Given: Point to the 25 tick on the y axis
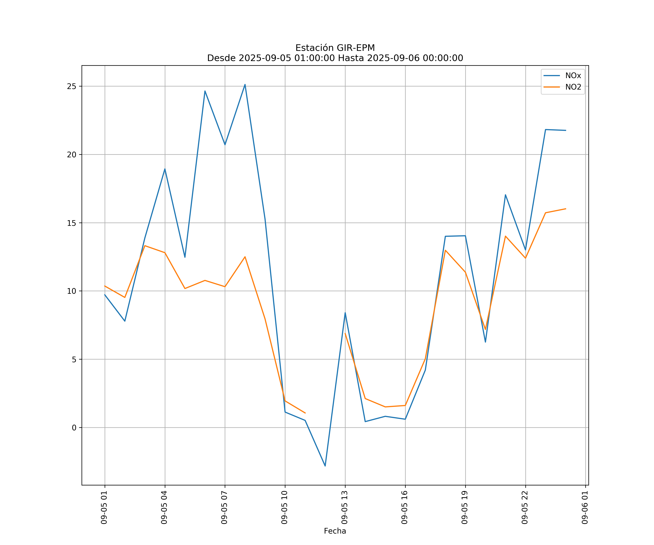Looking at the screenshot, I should (x=72, y=86).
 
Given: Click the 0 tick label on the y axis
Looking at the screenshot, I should (x=74, y=428).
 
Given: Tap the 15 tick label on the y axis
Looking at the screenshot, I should (x=72, y=223).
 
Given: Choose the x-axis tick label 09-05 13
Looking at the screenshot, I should (x=344, y=507).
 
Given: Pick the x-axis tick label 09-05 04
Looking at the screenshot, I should (x=164, y=507).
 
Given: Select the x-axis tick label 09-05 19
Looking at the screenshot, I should (x=465, y=507).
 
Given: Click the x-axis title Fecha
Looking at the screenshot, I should (x=335, y=531).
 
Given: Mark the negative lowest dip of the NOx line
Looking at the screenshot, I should (x=325, y=466).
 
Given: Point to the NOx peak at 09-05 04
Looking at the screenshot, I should (x=165, y=169).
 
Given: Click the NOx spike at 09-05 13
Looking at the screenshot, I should (x=345, y=313).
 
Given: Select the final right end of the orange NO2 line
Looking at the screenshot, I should (x=566, y=209).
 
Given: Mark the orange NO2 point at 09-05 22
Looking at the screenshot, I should (x=525, y=258).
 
